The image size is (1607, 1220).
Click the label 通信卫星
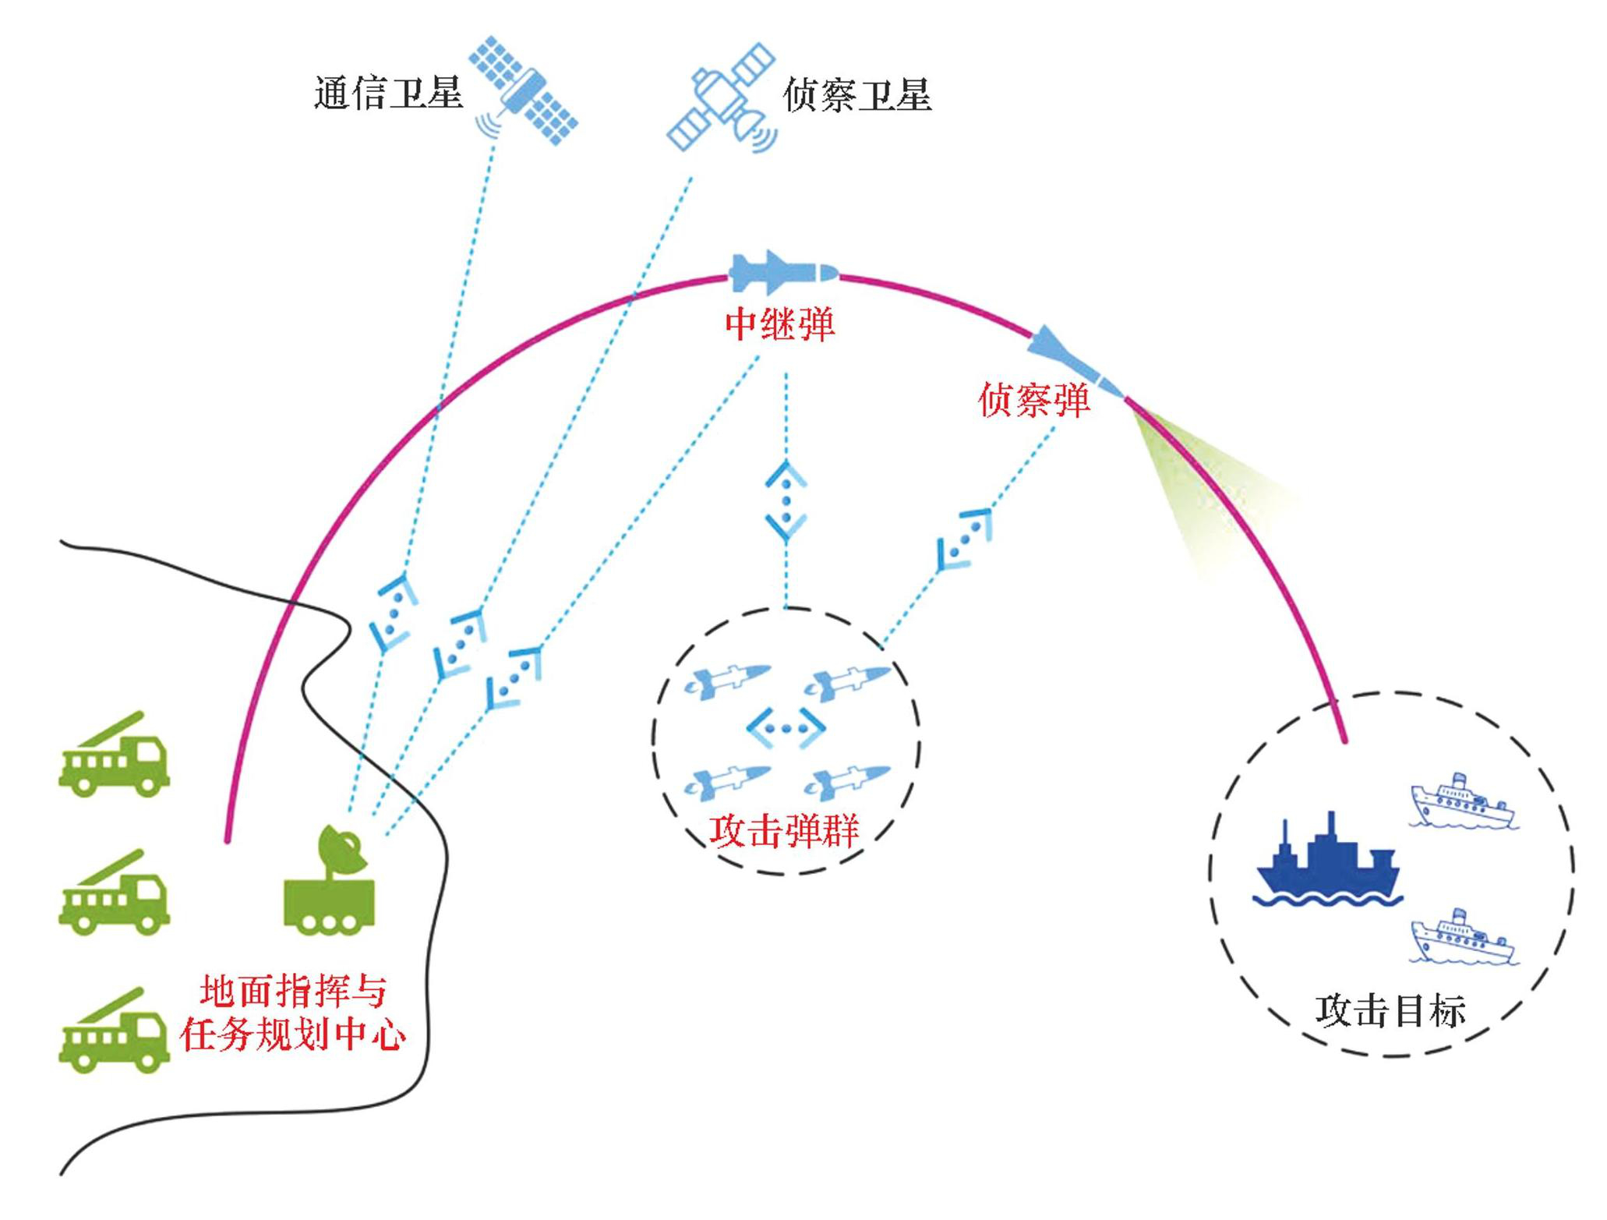tap(388, 94)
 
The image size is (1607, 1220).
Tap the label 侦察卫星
tap(856, 95)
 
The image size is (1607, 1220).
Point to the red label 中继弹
tap(779, 324)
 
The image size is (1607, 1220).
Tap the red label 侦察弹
tap(1033, 400)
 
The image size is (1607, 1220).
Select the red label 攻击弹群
tap(784, 831)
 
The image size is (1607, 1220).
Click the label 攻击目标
tap(1390, 1010)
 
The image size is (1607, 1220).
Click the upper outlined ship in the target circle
tap(1462, 803)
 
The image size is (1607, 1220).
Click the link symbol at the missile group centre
tap(786, 728)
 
